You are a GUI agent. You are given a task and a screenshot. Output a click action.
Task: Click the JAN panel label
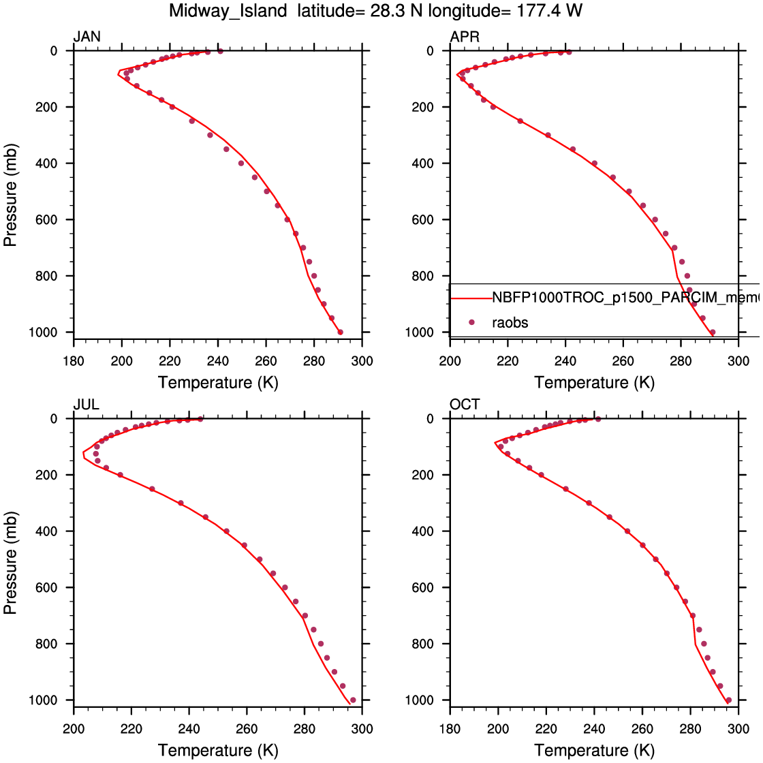point(87,37)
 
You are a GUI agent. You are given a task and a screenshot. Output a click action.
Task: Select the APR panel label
point(465,37)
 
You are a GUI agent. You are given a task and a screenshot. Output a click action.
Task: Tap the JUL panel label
point(86,405)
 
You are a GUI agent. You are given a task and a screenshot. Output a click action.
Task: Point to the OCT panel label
point(465,405)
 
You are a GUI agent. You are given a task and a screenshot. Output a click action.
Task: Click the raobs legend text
point(510,322)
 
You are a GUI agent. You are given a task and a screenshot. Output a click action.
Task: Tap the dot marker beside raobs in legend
point(471,322)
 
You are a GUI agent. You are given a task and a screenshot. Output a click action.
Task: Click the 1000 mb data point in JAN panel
point(341,332)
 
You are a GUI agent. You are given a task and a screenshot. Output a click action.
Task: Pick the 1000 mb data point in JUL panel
point(352,700)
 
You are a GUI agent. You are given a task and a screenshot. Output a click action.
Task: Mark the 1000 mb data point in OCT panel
point(728,700)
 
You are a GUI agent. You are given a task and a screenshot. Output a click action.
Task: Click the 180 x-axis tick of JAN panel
point(74,360)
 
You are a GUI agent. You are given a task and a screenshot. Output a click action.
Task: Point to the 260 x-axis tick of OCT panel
point(642,728)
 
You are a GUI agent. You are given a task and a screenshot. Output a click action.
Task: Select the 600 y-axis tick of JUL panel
point(54,587)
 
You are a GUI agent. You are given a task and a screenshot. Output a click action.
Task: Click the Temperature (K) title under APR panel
point(594,382)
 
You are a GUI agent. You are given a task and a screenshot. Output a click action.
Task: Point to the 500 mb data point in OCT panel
point(656,559)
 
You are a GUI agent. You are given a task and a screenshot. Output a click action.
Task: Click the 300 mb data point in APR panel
point(548,135)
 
